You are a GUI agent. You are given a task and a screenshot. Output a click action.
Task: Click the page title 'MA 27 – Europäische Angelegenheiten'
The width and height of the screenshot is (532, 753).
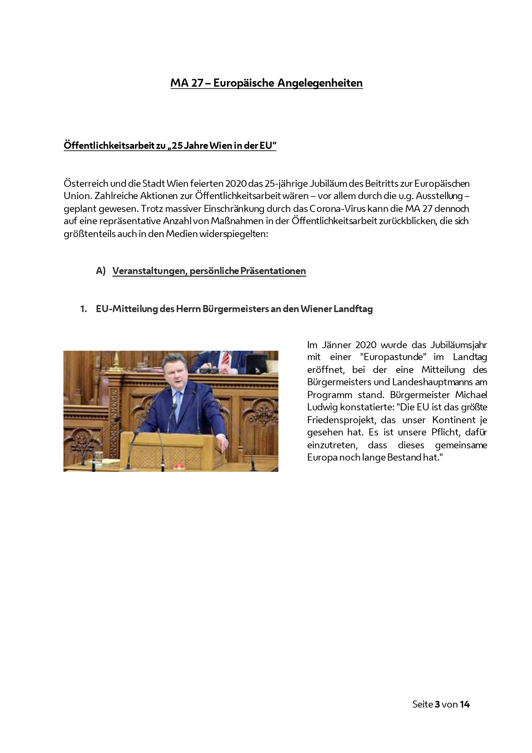266,83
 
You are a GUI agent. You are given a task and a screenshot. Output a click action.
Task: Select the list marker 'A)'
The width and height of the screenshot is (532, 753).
101,271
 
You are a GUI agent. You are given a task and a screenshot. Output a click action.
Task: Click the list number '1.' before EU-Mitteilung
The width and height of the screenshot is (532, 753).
84,309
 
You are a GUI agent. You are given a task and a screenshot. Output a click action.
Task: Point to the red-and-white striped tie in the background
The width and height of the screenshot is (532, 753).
225,358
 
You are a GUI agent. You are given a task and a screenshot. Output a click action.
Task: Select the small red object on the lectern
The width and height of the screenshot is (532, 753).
179,466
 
